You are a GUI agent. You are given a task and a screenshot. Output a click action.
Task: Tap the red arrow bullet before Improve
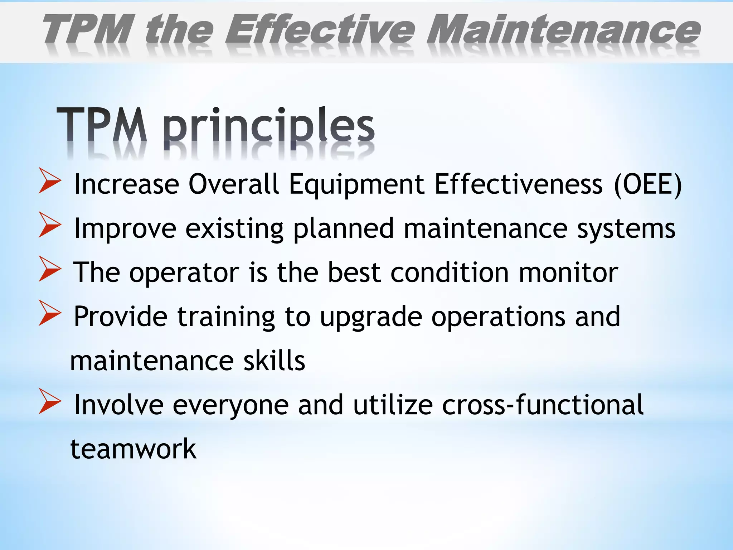(50, 225)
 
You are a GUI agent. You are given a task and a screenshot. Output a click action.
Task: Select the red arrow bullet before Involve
(50, 402)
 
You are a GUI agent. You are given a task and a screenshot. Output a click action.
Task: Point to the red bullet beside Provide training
(50, 313)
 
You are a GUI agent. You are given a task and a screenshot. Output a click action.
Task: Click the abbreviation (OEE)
(648, 184)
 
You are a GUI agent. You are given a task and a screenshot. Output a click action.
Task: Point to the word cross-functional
(543, 405)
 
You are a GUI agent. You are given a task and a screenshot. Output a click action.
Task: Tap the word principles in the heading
(269, 127)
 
